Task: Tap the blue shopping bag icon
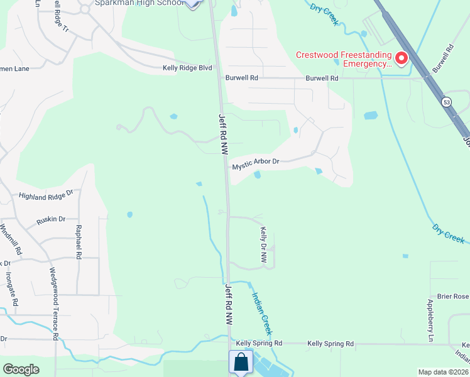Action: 241,362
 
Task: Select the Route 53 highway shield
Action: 446,101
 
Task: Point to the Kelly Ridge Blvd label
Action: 187,68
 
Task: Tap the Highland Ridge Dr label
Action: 46,196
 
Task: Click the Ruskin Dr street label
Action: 51,219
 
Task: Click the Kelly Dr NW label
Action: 264,245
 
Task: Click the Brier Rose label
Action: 452,297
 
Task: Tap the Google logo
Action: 21,369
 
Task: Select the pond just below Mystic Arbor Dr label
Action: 257,175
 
